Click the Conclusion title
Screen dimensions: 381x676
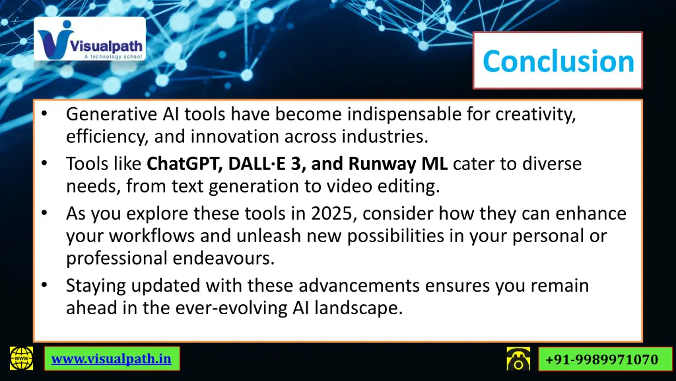coord(558,61)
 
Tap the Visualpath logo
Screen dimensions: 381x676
coord(90,40)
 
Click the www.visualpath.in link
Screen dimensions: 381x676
coord(111,359)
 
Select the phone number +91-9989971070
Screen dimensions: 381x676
coord(601,359)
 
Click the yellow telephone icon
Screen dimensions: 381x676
coord(518,359)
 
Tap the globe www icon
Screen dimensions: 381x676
coord(21,359)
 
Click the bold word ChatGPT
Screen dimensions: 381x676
coord(180,163)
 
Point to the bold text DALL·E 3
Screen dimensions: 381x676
coord(257,163)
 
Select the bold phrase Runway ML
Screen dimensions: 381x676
coord(398,163)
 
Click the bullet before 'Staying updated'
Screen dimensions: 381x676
coord(44,285)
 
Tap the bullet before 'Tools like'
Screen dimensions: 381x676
coord(44,163)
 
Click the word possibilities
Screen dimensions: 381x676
coord(380,236)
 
